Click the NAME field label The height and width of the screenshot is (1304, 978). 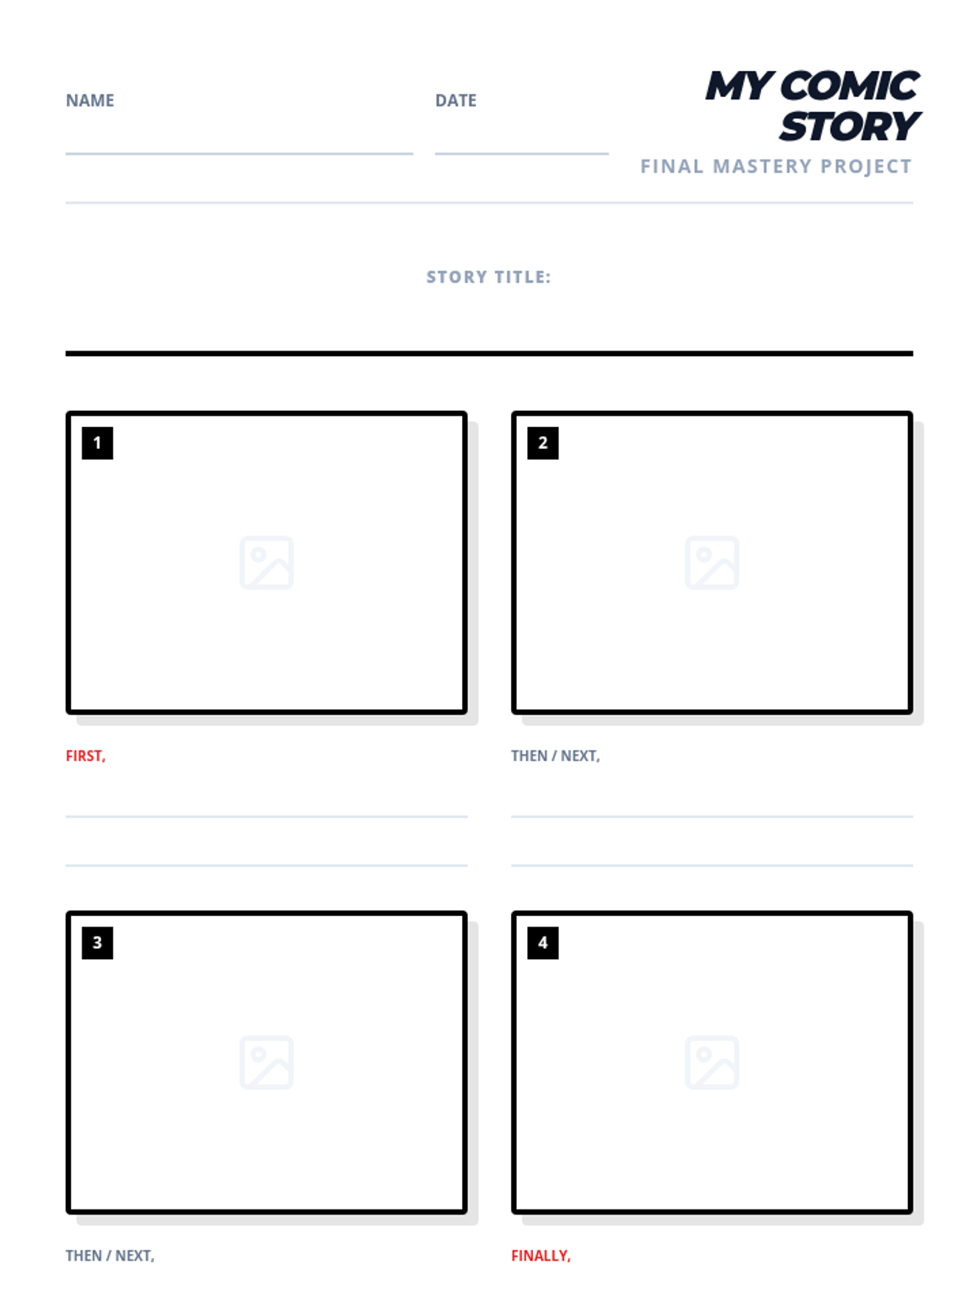coord(90,100)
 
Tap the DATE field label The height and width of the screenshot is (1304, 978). coord(456,100)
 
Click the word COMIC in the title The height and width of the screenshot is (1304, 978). coord(853,86)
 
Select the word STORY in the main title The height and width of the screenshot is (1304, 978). coord(850,126)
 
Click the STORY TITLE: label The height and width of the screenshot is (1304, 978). coord(489,277)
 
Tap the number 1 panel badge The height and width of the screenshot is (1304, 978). coord(97,443)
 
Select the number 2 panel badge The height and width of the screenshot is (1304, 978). coord(543,443)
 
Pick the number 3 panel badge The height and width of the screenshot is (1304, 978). coord(97,943)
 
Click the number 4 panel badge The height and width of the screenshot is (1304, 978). coord(543,943)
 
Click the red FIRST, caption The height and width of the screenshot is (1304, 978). coord(86,756)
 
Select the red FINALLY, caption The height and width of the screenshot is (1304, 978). coord(541,1255)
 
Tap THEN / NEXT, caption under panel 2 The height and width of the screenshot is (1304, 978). coord(556,756)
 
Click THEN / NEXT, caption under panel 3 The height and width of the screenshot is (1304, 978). coord(110,1255)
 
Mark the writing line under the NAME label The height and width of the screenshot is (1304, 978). coord(240,154)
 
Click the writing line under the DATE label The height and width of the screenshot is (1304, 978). coord(522,154)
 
